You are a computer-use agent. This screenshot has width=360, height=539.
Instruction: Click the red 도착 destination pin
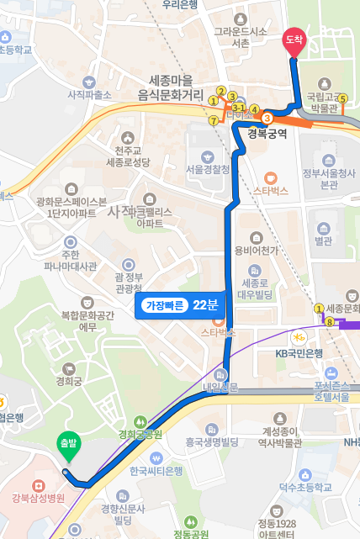click(x=294, y=41)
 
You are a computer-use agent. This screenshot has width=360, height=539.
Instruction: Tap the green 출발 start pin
click(x=66, y=445)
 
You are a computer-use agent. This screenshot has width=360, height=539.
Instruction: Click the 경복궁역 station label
click(x=267, y=132)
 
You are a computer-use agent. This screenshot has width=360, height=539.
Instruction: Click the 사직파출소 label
click(x=89, y=95)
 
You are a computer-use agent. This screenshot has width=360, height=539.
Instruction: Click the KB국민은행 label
click(x=299, y=352)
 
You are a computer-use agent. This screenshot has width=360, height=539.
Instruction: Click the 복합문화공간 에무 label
click(x=84, y=320)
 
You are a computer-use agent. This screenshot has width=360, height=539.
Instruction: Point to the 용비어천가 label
click(x=256, y=250)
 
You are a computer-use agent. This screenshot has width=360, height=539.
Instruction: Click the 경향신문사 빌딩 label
click(x=124, y=514)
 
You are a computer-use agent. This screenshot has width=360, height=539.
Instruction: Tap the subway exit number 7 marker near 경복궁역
click(x=214, y=120)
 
